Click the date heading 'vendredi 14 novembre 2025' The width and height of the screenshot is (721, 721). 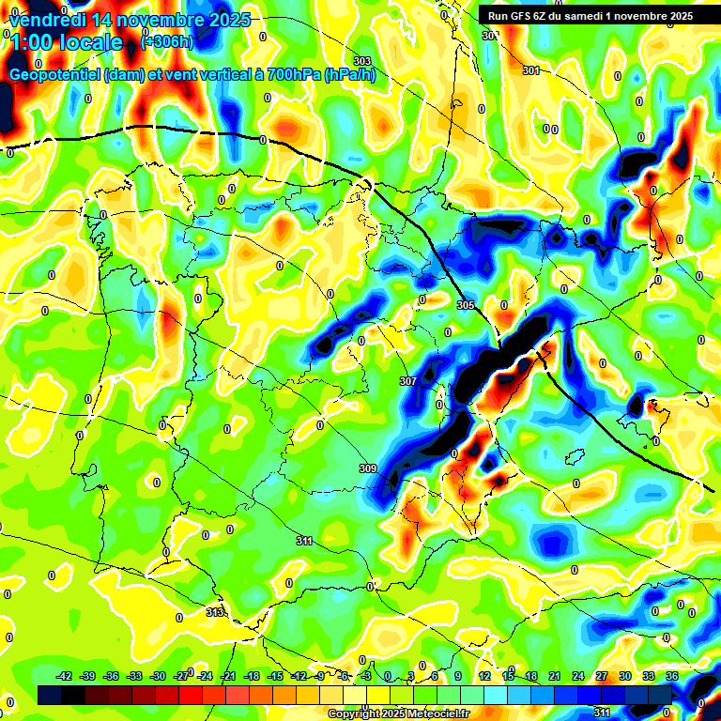[130, 20]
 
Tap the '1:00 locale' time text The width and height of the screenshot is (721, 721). [66, 42]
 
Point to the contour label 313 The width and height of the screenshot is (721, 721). [215, 612]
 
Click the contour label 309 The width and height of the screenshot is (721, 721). [368, 468]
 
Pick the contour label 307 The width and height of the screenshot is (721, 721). [407, 381]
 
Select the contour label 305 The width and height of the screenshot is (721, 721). [466, 306]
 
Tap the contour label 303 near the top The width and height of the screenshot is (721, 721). [362, 61]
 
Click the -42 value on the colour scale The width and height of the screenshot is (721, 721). [65, 676]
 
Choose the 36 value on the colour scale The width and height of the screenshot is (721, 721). [672, 676]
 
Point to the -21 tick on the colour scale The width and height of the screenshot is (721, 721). [228, 676]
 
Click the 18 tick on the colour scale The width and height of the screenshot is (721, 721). [531, 676]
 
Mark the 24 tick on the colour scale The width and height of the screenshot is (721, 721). [578, 676]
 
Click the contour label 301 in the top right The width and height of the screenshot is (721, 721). [531, 70]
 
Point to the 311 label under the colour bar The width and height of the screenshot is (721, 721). [603, 713]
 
